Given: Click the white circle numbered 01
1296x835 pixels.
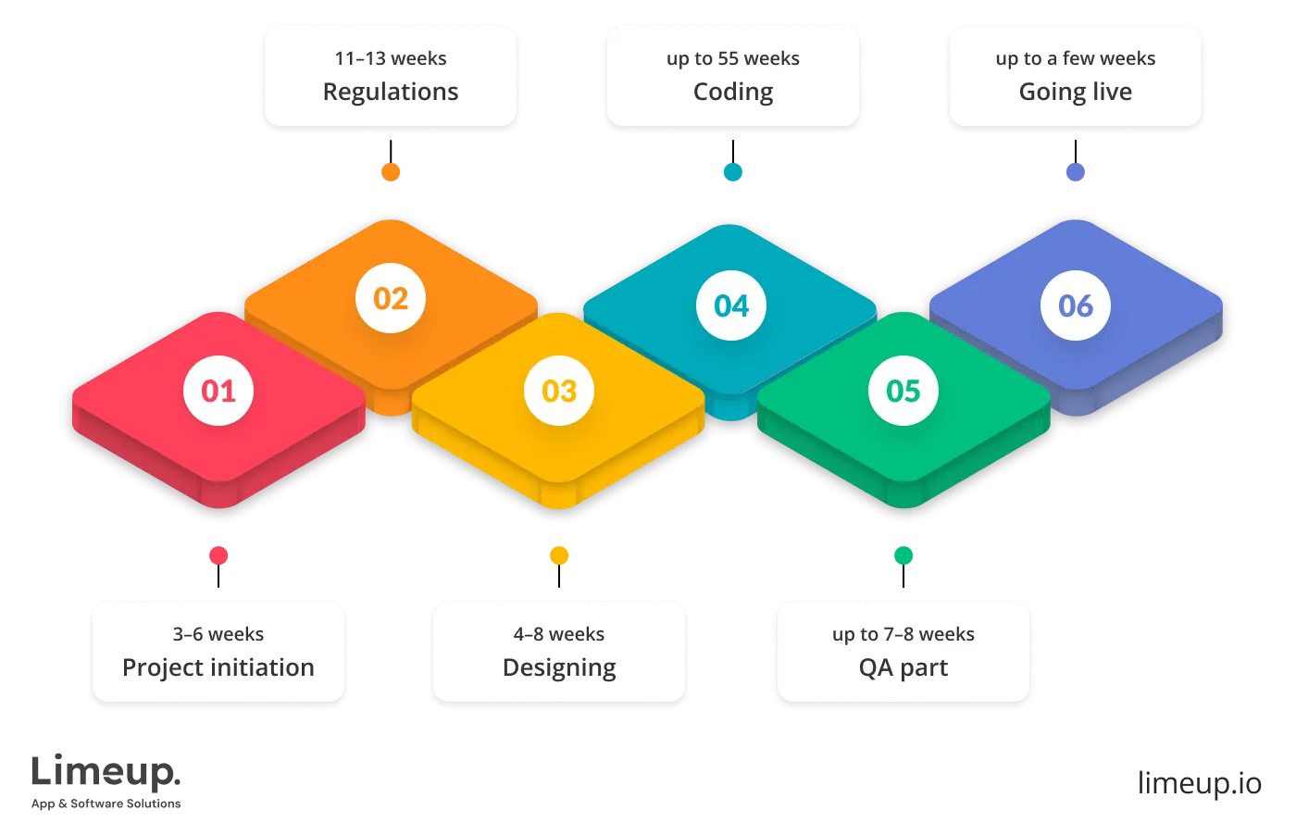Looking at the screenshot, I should (218, 391).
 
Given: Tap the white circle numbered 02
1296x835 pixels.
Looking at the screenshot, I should (391, 298).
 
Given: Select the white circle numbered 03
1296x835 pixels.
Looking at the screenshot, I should (559, 391).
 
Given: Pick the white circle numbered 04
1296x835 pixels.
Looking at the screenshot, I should (731, 305).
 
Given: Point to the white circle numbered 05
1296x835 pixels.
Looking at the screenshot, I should (903, 391).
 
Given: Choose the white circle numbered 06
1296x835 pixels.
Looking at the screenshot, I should (1076, 305).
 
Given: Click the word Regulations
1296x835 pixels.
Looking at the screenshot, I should (391, 92).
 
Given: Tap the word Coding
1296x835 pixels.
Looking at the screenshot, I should (733, 92).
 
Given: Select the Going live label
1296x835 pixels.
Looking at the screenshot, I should (1076, 92).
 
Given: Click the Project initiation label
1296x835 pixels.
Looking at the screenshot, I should (218, 667).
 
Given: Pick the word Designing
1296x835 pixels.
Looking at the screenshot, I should (559, 667).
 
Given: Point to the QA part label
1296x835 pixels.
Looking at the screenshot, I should (903, 667).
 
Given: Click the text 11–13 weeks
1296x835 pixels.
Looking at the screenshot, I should (391, 58).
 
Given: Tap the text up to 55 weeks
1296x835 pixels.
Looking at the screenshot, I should (733, 58).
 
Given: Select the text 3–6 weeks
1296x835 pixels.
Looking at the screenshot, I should (218, 634).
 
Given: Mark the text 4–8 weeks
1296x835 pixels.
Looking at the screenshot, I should (559, 634).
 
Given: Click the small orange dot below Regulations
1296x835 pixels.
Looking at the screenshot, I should (391, 172).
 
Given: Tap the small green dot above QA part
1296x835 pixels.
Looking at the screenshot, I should (903, 555).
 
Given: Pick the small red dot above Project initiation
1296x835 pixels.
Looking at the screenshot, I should (218, 555).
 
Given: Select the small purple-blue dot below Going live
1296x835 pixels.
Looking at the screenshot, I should (1076, 172).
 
